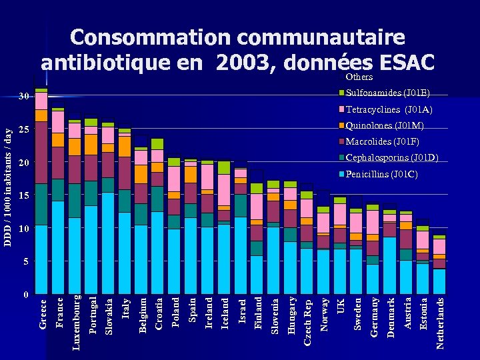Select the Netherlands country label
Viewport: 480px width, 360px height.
440,323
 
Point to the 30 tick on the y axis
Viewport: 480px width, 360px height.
23,97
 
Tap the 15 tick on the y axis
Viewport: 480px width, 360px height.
23,196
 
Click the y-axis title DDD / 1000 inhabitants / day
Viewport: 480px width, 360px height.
9,177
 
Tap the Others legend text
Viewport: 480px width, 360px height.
359,77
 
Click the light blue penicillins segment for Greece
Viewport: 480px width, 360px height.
41,260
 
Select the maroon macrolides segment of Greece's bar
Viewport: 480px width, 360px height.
41,153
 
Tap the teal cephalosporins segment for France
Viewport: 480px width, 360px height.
58,190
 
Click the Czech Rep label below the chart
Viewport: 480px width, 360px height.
307,323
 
